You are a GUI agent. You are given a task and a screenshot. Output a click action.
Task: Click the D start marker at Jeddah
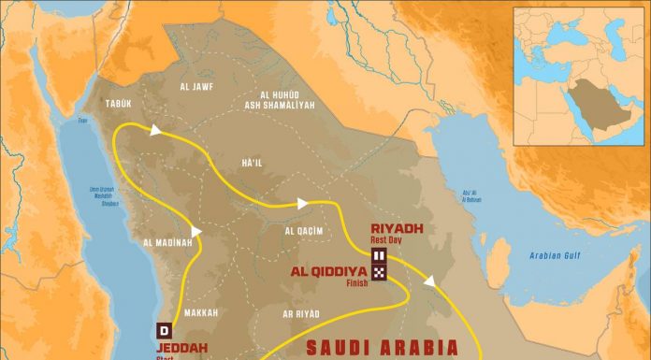pos(165,330)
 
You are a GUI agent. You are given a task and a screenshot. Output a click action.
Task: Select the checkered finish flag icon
pos(379,272)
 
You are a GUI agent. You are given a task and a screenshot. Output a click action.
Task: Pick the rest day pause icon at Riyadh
pos(379,255)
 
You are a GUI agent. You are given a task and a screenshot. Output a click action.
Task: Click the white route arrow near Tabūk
pos(154,133)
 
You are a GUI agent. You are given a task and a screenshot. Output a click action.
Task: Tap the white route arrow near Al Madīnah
pos(195,230)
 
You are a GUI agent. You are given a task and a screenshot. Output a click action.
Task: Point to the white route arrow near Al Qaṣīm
pos(301,201)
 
